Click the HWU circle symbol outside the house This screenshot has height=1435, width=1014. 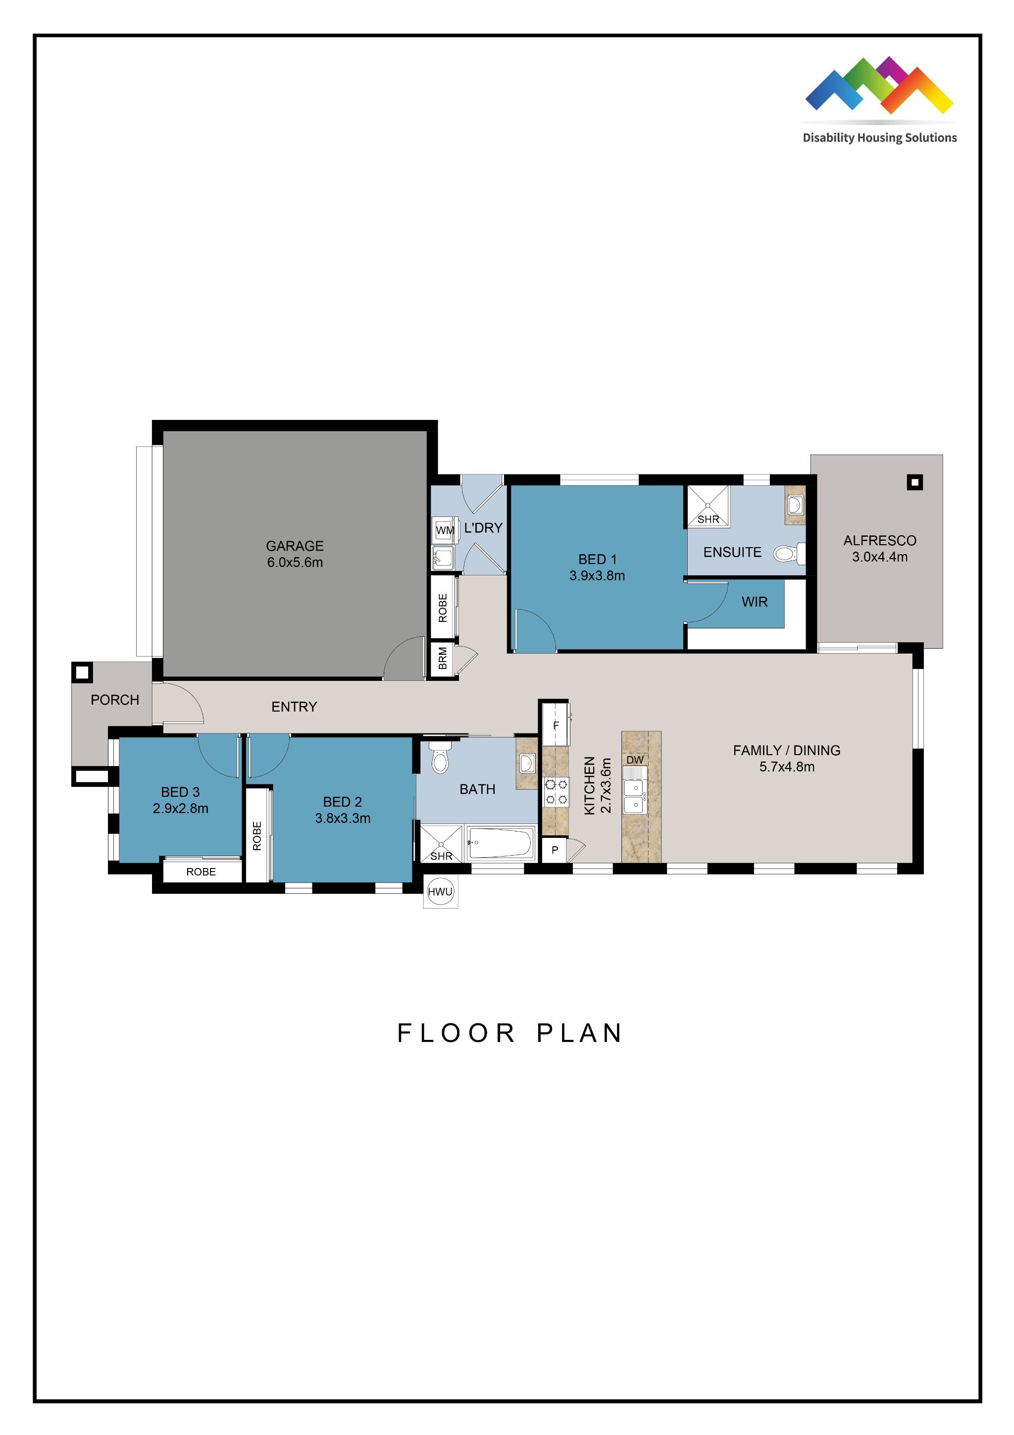(x=440, y=891)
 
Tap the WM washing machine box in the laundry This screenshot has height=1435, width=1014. (x=444, y=530)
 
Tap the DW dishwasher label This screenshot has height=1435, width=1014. (x=635, y=760)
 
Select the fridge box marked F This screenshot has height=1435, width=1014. (x=556, y=725)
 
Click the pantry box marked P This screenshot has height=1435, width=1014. (x=554, y=850)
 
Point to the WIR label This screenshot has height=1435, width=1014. (x=754, y=602)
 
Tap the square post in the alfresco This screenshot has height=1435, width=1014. (x=914, y=482)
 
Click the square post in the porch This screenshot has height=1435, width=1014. (x=82, y=672)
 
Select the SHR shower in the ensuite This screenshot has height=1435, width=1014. (x=708, y=506)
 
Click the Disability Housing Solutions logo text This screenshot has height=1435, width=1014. (x=879, y=138)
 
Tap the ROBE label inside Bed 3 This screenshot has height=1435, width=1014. (x=201, y=872)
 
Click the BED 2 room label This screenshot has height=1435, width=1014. (x=342, y=802)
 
